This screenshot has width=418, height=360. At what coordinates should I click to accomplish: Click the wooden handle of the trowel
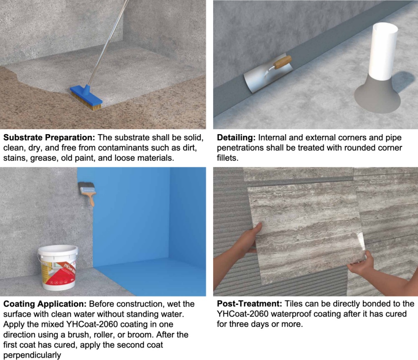(282, 62)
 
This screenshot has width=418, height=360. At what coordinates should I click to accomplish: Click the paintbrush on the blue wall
(87, 192)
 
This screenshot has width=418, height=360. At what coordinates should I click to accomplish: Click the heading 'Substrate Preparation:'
(49, 138)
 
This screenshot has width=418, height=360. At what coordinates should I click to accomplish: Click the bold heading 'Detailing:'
(236, 138)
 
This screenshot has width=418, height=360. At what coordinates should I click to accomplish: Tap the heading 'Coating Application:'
(45, 304)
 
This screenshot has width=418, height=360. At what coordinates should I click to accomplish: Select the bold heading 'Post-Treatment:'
(250, 304)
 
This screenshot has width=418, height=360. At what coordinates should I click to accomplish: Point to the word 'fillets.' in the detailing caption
(228, 158)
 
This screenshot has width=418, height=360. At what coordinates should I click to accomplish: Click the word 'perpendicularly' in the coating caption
(32, 355)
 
